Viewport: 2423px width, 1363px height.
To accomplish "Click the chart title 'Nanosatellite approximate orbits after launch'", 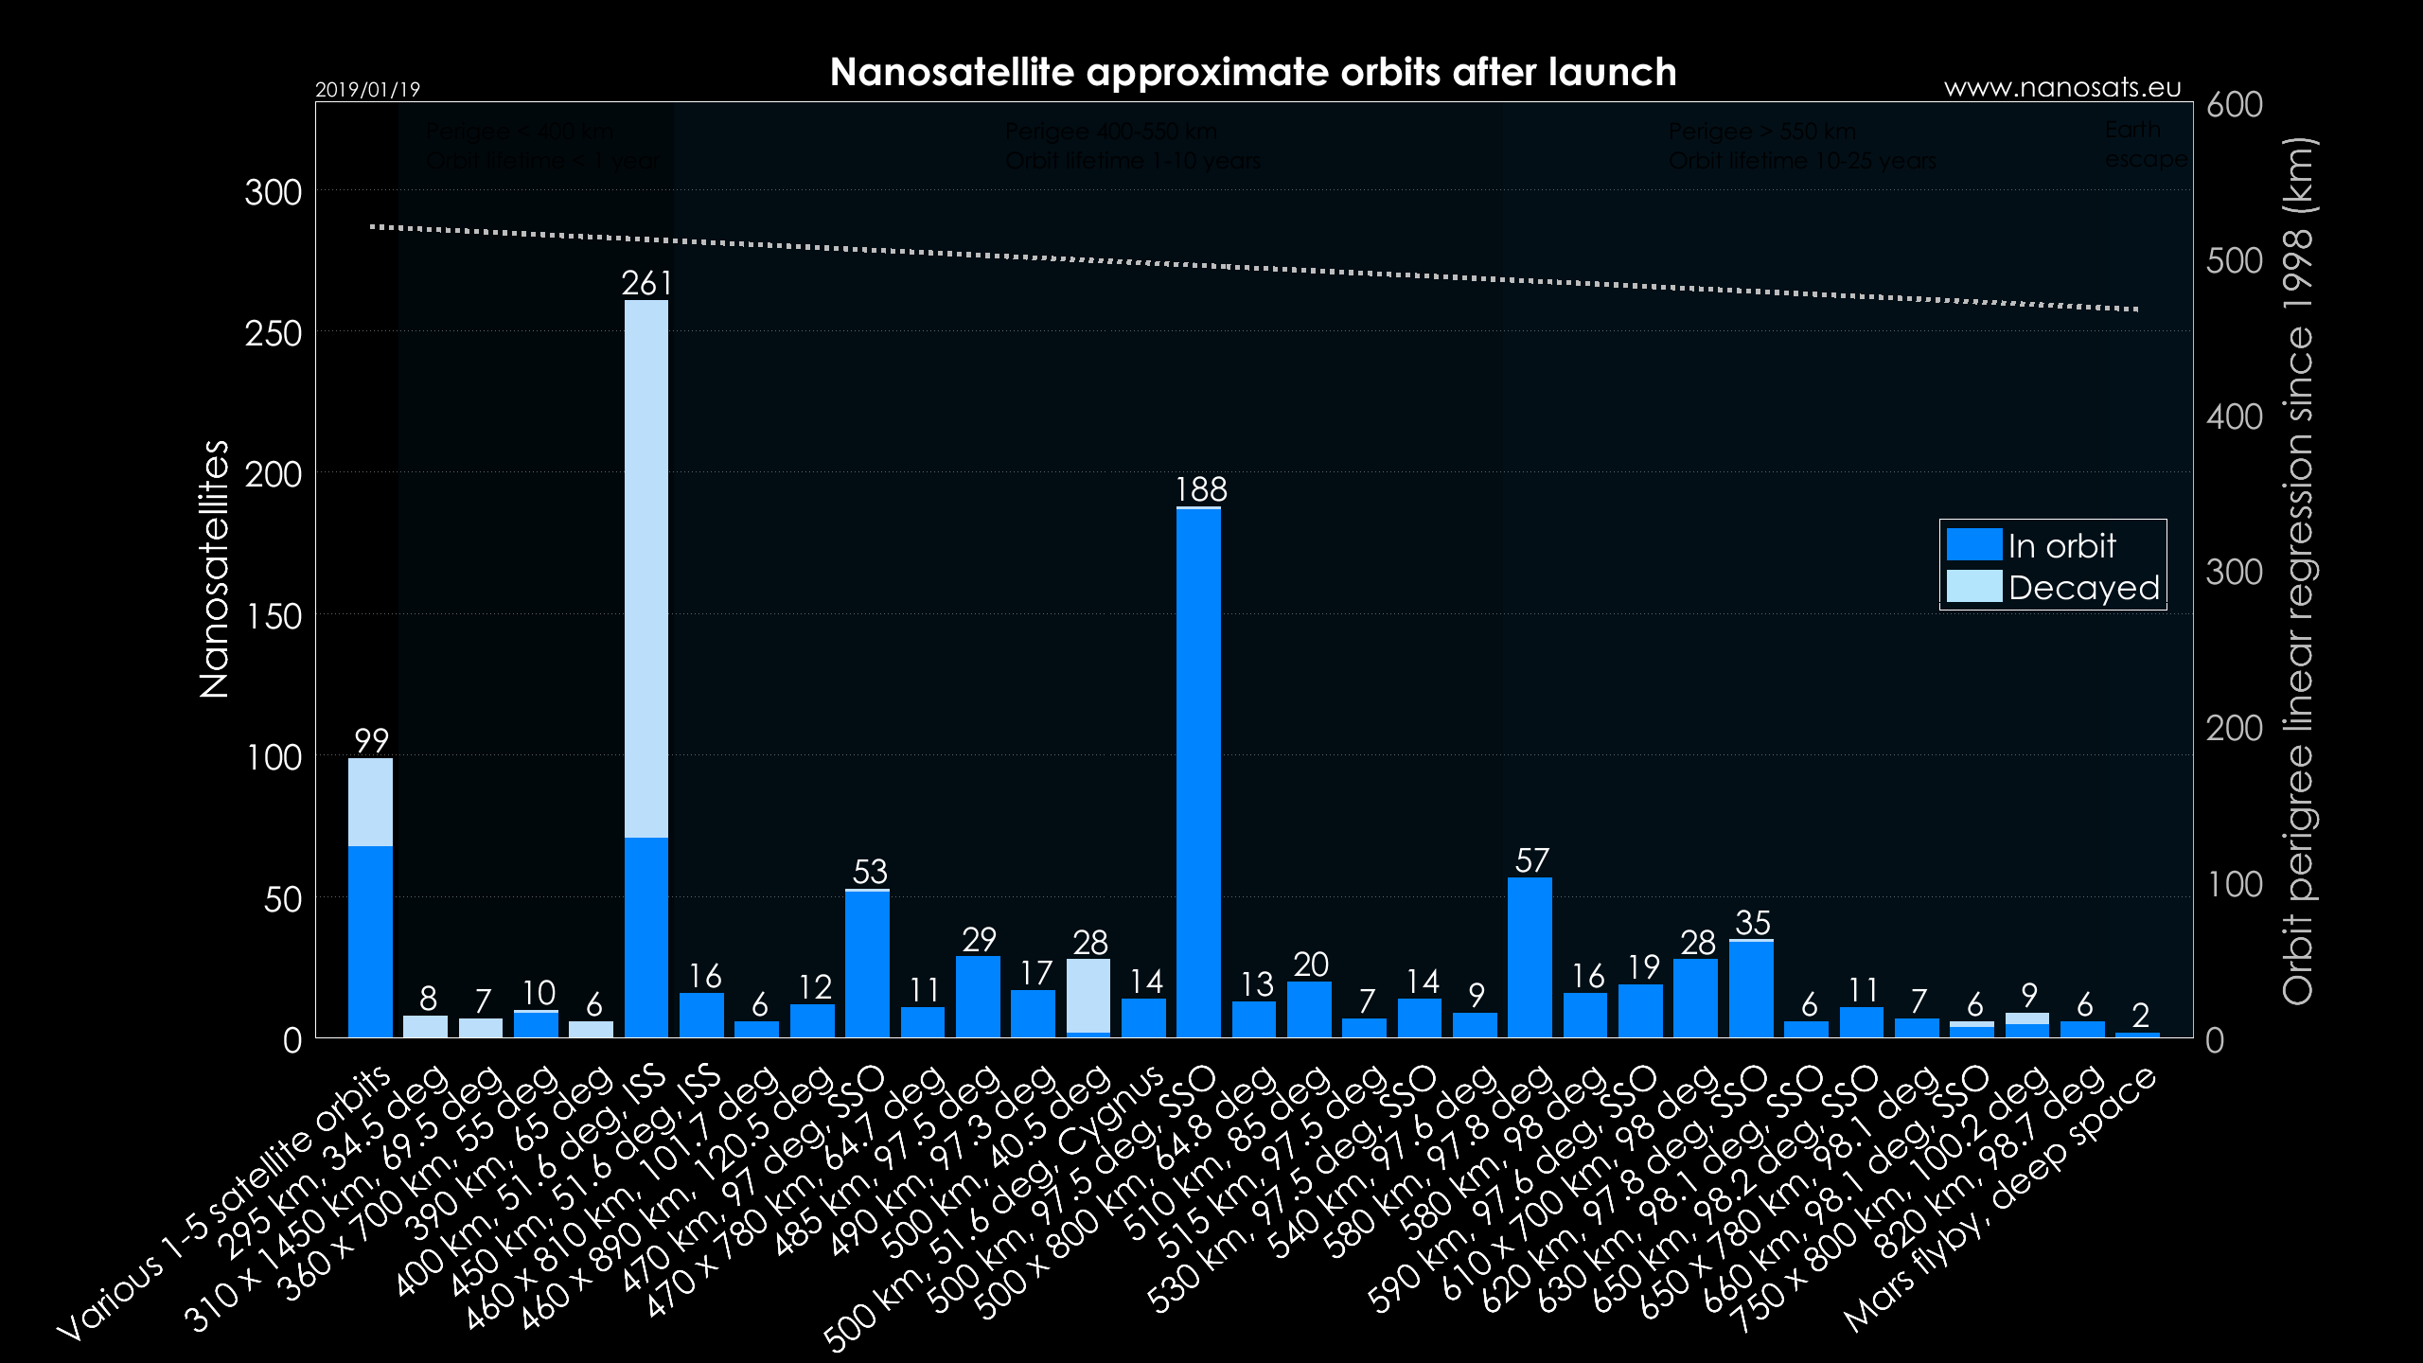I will click(1252, 72).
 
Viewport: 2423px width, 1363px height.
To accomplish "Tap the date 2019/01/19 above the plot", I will click(367, 90).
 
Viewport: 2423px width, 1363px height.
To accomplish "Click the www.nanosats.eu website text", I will click(2062, 88).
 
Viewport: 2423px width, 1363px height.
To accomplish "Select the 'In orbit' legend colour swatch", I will click(1973, 544).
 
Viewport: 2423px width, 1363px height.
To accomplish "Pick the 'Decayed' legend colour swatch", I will click(1973, 587).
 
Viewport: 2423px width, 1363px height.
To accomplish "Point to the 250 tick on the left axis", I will click(274, 333).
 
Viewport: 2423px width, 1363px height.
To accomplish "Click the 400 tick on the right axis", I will click(2234, 416).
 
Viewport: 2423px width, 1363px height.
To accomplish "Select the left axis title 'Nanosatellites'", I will click(215, 569).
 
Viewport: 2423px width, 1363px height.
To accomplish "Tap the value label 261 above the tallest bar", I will click(646, 283).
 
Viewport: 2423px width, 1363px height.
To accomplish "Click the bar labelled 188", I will click(1198, 771).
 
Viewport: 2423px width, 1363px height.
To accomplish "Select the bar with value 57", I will click(1530, 957).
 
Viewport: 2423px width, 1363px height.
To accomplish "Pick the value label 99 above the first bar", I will click(371, 740).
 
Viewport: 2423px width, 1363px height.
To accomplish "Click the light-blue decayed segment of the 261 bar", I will click(646, 568).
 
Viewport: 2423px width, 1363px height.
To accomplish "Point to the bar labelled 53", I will click(867, 964).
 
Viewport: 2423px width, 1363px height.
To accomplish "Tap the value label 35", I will click(1752, 922).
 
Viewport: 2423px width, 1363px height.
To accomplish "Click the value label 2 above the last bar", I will click(2140, 1016).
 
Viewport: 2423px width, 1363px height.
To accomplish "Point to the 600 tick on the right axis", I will click(2234, 104).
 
